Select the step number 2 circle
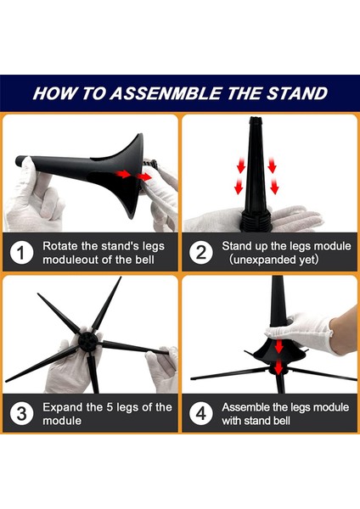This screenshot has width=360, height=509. coord(201,252)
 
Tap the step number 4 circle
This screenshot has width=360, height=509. coord(201,414)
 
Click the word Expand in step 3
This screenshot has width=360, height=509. coord(65,407)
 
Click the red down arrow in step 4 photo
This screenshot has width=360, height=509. coord(279,365)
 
